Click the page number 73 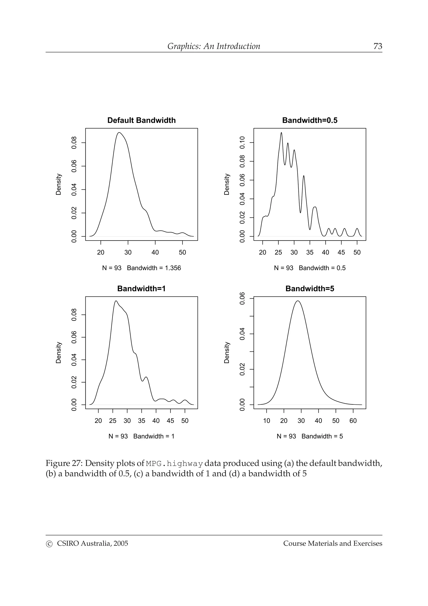tap(378, 46)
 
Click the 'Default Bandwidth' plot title tap(141, 120)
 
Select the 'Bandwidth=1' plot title tap(141, 289)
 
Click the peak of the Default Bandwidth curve tap(119, 133)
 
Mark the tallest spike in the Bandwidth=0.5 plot tap(281, 133)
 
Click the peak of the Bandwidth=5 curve tap(298, 301)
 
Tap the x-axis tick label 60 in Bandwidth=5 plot tap(353, 421)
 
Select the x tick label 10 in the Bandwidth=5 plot tap(267, 421)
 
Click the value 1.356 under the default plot tap(173, 268)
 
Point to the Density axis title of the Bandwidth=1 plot tap(59, 353)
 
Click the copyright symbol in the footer tap(49, 543)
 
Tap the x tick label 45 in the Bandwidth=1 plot tap(170, 421)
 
